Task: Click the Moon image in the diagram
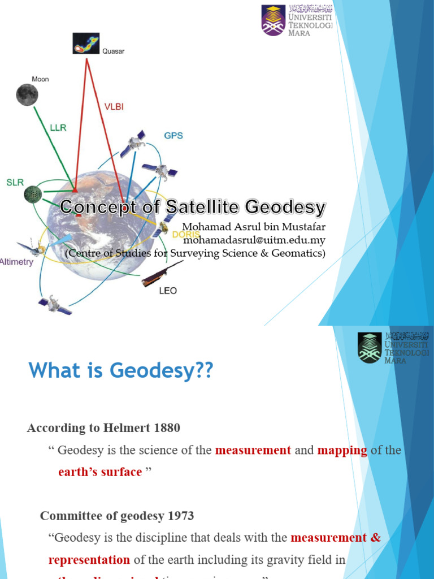[x=26, y=94]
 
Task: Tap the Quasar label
[x=113, y=51]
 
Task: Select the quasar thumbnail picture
[x=86, y=43]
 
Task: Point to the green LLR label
[x=58, y=128]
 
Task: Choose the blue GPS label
[x=173, y=136]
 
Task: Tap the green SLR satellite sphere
[x=33, y=195]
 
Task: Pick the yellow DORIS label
[x=186, y=234]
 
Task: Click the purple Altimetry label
[x=17, y=262]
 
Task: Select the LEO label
[x=168, y=291]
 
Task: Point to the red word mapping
[x=342, y=450]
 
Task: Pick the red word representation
[x=89, y=560]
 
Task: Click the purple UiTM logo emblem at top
[x=274, y=20]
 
